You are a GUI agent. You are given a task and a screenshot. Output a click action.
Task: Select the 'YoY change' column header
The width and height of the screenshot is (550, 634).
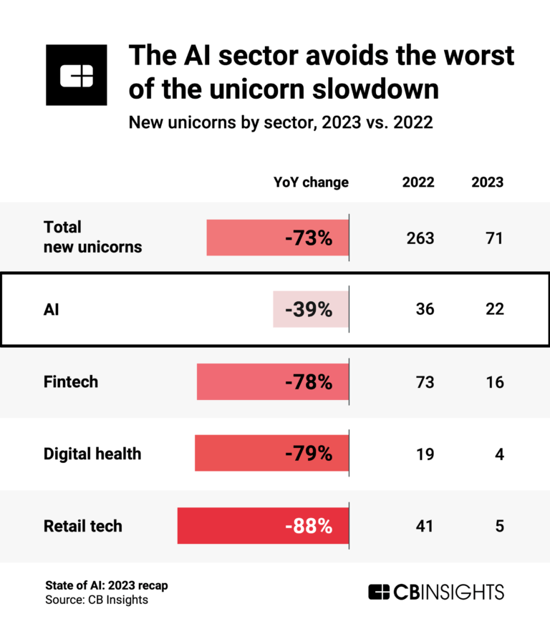point(311,182)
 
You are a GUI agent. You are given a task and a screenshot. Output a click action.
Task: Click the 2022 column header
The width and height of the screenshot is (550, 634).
point(418,182)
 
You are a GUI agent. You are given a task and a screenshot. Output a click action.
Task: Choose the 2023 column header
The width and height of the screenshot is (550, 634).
point(487,182)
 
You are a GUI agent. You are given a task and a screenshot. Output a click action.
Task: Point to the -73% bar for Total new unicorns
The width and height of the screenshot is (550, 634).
point(278,238)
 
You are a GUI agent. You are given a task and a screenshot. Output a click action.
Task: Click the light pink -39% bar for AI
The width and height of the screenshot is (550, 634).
point(311,309)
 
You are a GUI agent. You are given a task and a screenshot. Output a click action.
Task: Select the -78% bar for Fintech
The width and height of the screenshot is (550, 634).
point(273,381)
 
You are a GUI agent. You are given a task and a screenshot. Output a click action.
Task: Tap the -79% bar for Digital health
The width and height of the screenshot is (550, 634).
point(272,454)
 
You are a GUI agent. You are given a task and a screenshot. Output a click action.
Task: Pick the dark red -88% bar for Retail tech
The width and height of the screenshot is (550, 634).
point(263,526)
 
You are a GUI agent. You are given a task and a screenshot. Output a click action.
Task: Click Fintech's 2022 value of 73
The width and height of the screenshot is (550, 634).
point(425,381)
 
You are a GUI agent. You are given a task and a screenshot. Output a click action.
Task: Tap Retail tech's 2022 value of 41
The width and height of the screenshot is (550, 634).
point(425,526)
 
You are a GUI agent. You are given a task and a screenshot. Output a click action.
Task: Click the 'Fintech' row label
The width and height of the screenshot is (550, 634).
point(71,381)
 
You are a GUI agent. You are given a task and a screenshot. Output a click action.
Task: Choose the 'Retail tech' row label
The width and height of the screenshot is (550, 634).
point(83,526)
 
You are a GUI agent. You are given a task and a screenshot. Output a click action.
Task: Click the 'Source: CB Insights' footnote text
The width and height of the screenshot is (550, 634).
point(96,600)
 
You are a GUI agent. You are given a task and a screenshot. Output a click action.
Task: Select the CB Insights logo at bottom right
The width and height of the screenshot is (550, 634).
point(436,592)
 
